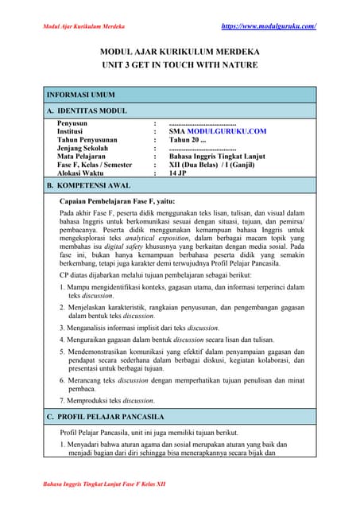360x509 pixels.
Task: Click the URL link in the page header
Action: point(269,26)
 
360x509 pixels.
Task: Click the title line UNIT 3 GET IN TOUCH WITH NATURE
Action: point(180,68)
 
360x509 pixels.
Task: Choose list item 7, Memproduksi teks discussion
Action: point(117,400)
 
